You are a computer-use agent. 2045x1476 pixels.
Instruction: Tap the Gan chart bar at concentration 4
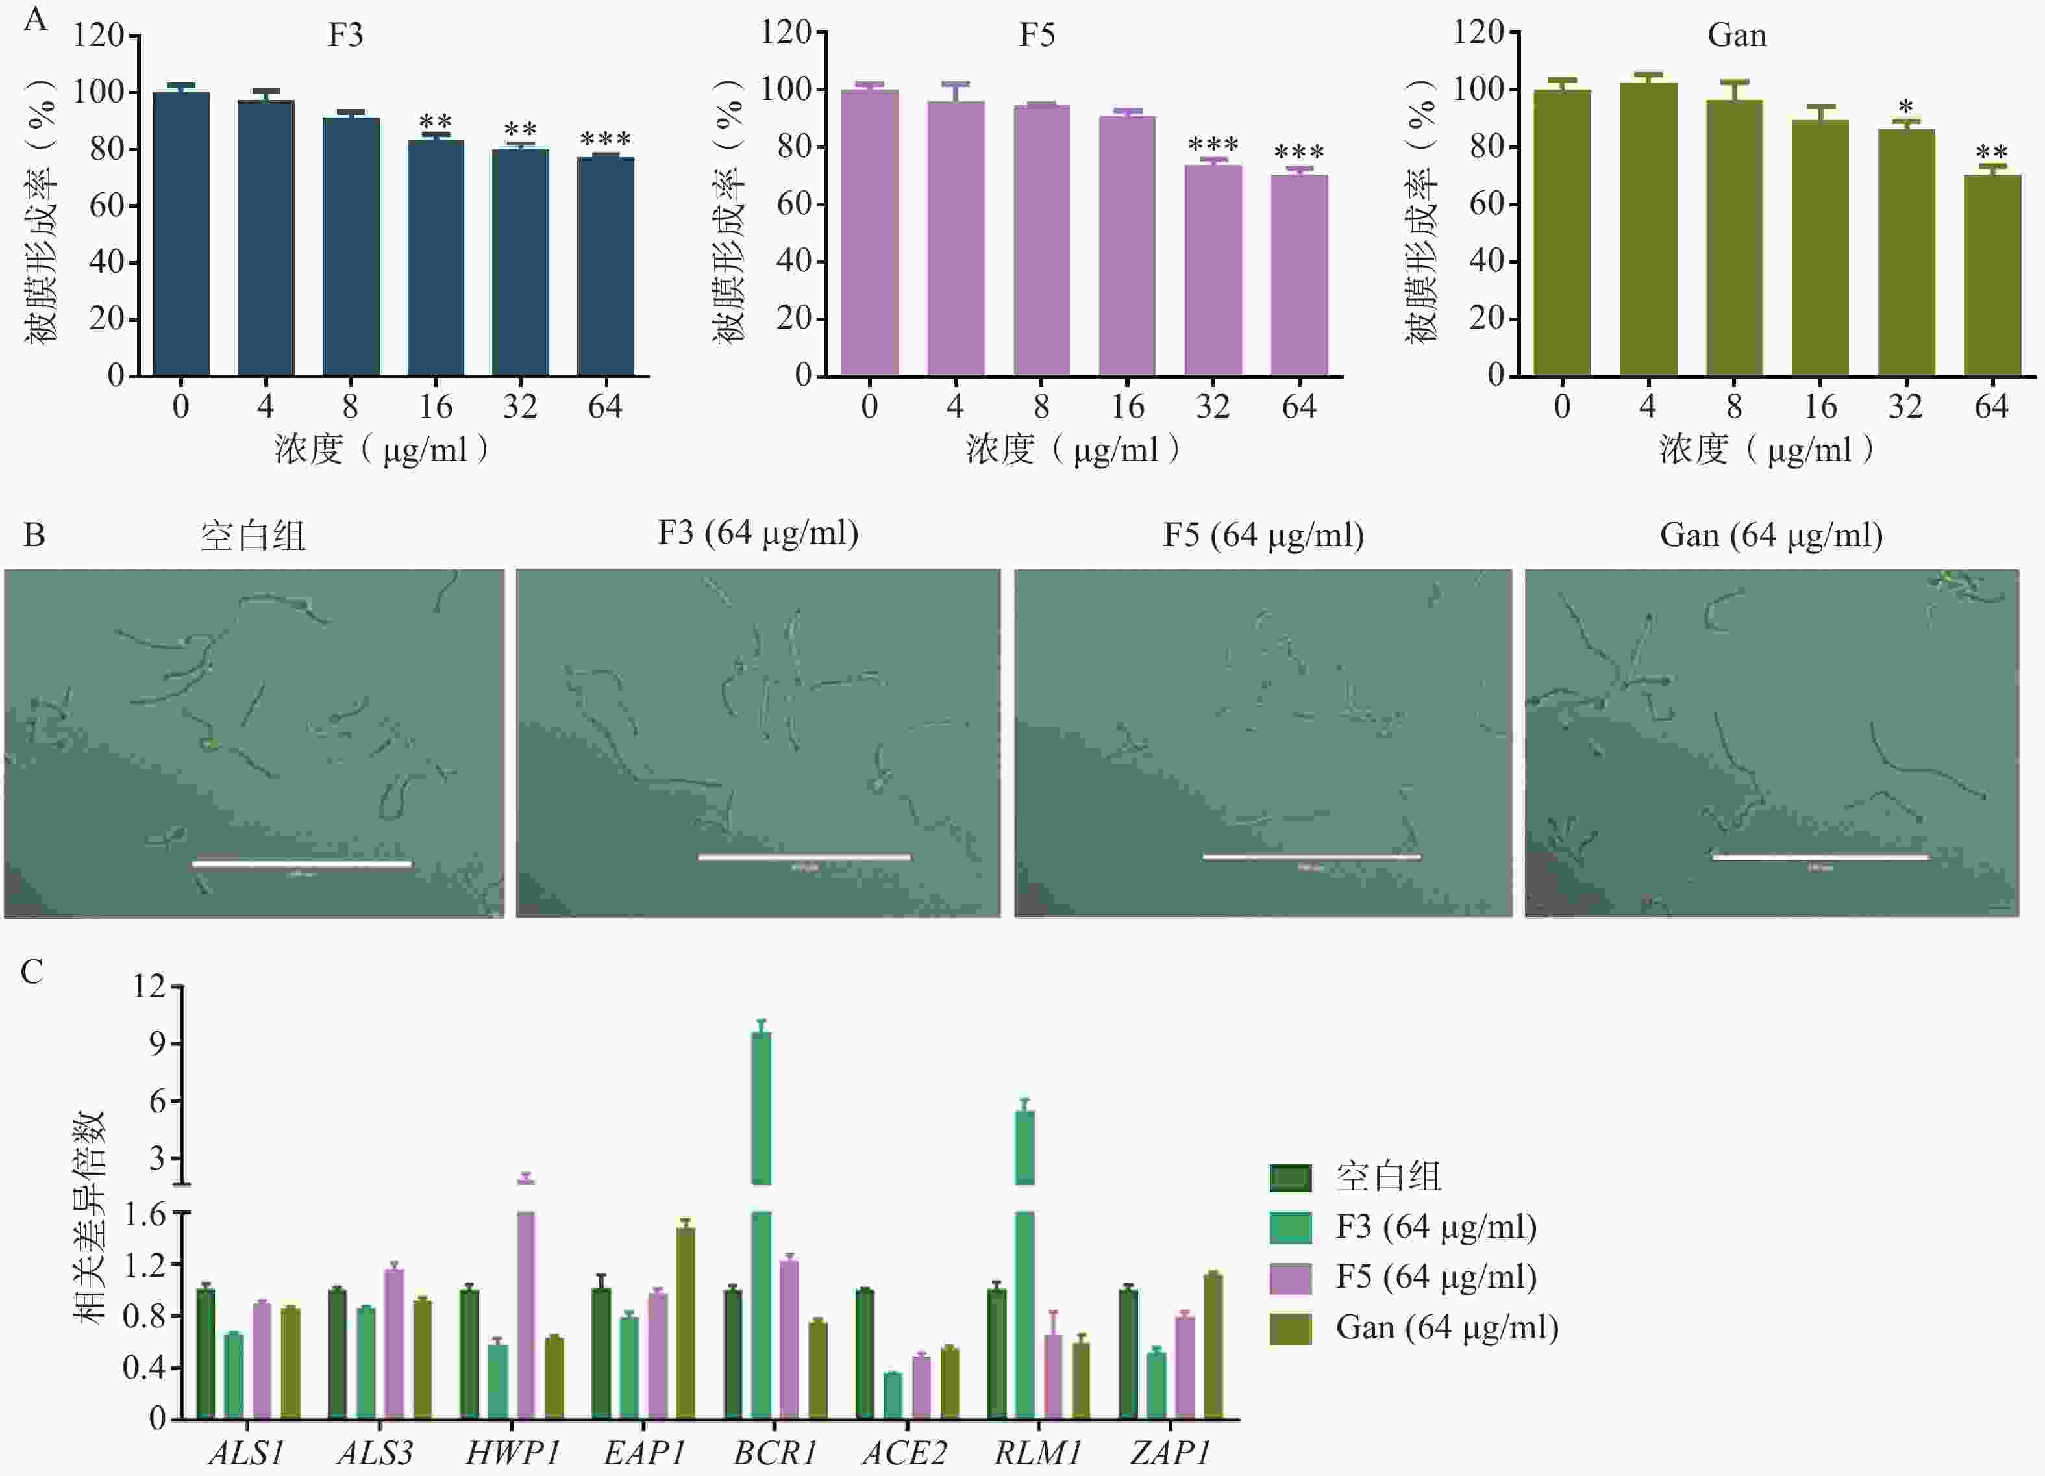(1648, 229)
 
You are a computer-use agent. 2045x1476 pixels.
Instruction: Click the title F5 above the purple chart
(1037, 35)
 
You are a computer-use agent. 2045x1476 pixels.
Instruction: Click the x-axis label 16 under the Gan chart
(1820, 407)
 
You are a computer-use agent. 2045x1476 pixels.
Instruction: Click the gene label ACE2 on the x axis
(904, 1453)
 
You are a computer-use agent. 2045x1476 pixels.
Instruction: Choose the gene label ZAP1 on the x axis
(1169, 1453)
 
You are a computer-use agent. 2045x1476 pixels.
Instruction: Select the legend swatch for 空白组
(1291, 1177)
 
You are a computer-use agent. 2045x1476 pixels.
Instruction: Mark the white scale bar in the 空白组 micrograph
(302, 864)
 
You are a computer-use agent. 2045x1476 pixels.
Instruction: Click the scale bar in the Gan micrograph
(1820, 857)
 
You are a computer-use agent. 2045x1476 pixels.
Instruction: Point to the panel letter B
(34, 536)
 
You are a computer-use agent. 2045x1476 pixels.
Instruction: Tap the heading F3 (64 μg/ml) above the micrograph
(758, 533)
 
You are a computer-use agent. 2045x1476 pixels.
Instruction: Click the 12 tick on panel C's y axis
(150, 986)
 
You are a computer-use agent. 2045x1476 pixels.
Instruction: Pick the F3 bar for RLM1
(1024, 1262)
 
